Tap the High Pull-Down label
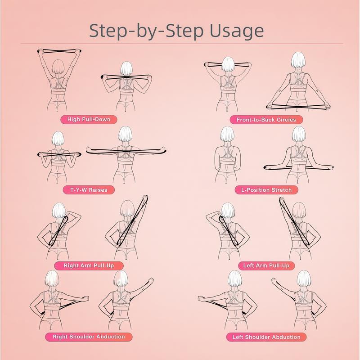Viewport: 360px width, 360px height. (x=85, y=119)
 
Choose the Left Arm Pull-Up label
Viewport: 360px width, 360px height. (x=266, y=265)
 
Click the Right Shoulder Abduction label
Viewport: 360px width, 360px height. (x=89, y=337)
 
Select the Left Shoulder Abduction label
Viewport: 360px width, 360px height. (x=266, y=337)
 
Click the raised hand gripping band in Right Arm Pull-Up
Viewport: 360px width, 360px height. (x=145, y=198)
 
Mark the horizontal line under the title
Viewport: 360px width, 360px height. (x=180, y=44)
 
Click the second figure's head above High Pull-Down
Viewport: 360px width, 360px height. (x=126, y=67)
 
